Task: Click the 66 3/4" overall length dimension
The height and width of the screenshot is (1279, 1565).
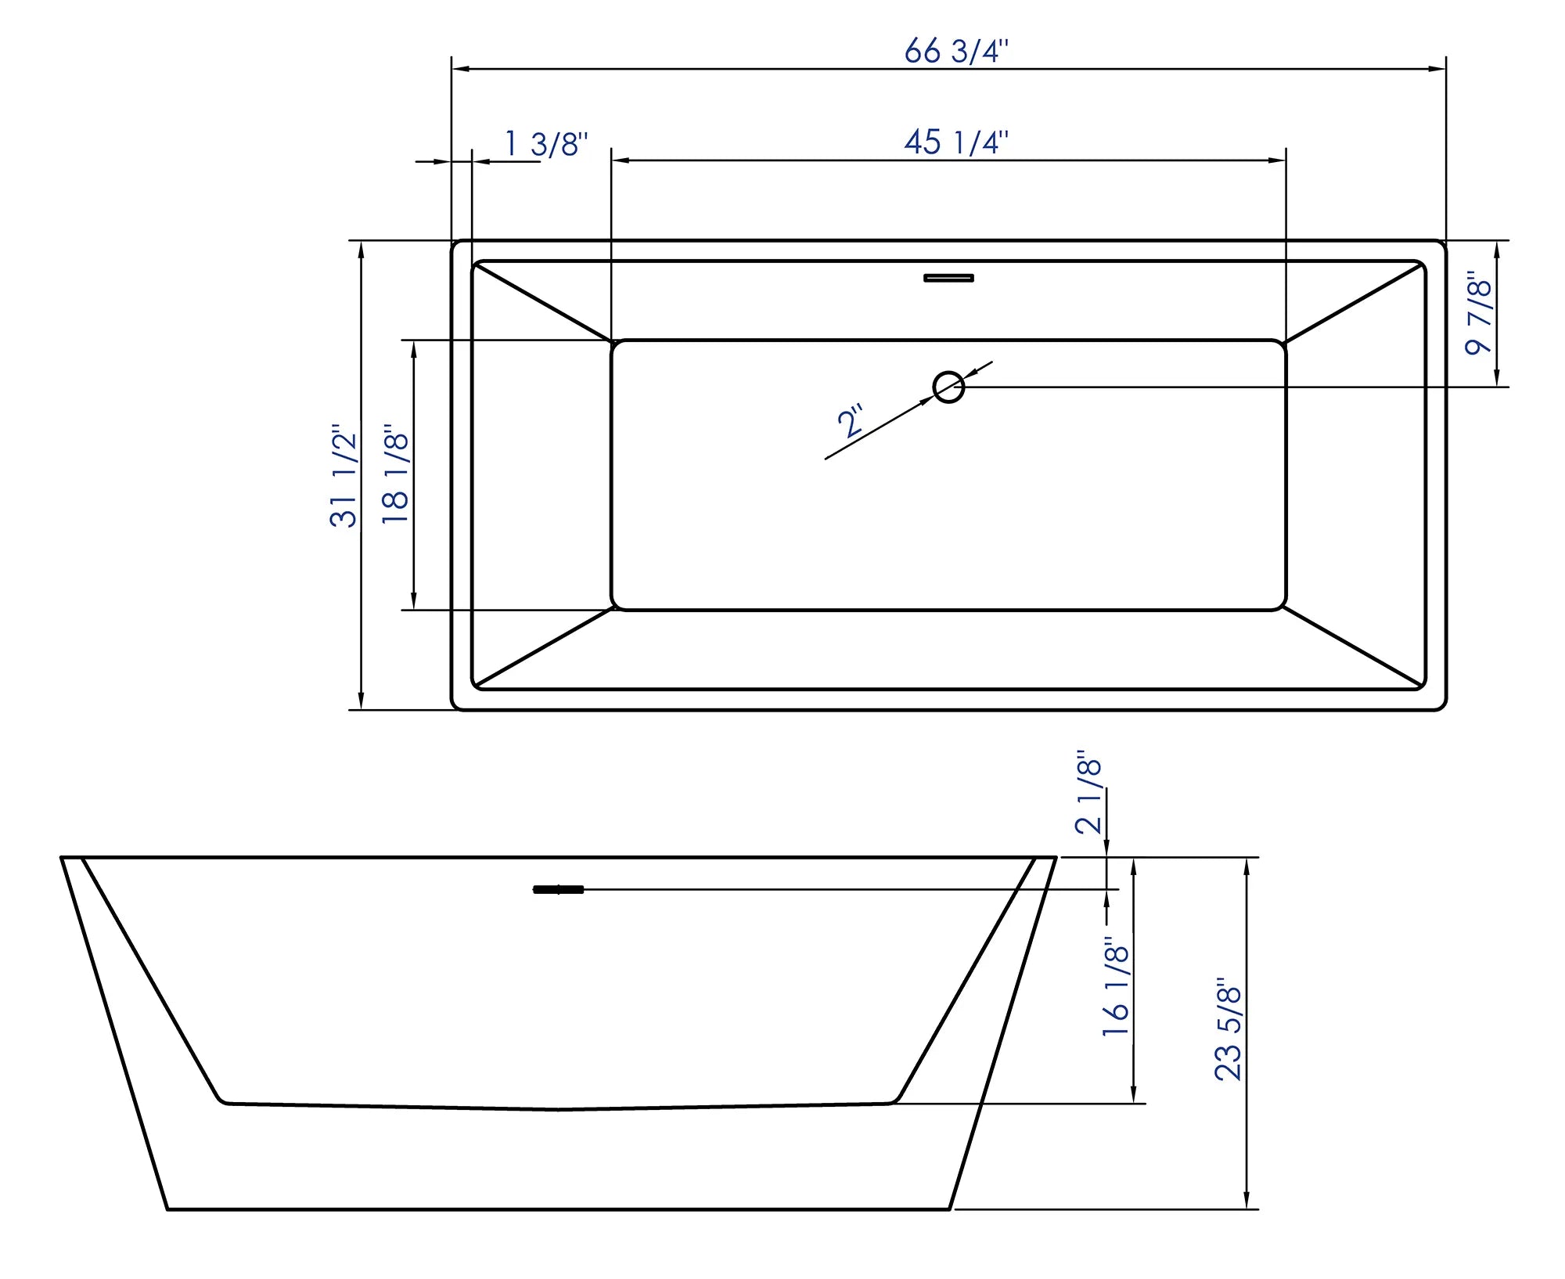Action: tap(956, 52)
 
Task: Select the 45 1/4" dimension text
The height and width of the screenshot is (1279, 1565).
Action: tap(956, 142)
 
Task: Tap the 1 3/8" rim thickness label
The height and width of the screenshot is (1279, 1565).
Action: tap(546, 144)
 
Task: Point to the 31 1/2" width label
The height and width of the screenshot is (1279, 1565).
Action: tap(344, 477)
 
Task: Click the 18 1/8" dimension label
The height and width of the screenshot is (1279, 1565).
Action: tap(396, 477)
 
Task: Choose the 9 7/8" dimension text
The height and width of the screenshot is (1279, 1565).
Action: tap(1478, 313)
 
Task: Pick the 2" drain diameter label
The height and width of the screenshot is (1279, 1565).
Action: tap(850, 421)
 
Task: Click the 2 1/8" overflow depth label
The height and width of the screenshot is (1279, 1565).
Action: tap(1088, 795)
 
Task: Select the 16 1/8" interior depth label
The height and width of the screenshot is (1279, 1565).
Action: tap(1116, 988)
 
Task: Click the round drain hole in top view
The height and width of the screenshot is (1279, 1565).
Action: tap(948, 387)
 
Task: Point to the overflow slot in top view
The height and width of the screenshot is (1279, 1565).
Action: tap(948, 277)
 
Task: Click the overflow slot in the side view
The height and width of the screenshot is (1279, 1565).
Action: tap(558, 889)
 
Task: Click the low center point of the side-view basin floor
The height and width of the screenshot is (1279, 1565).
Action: tap(559, 1109)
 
